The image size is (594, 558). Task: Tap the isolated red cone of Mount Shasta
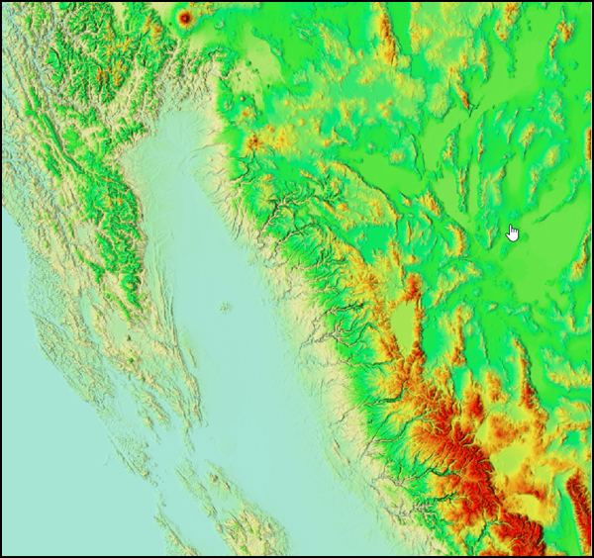pos(185,17)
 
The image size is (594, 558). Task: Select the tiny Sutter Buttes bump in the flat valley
pos(226,308)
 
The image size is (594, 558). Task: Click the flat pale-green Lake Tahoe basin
pos(403,327)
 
